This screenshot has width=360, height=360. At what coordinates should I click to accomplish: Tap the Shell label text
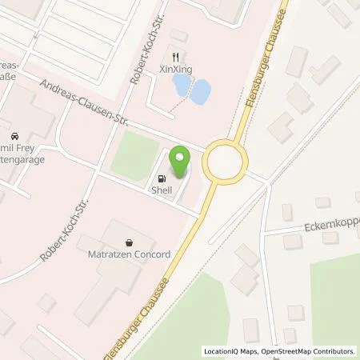[x=164, y=190]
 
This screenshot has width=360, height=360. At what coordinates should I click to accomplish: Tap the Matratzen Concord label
[x=130, y=254]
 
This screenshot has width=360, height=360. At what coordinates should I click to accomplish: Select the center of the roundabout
[x=224, y=162]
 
